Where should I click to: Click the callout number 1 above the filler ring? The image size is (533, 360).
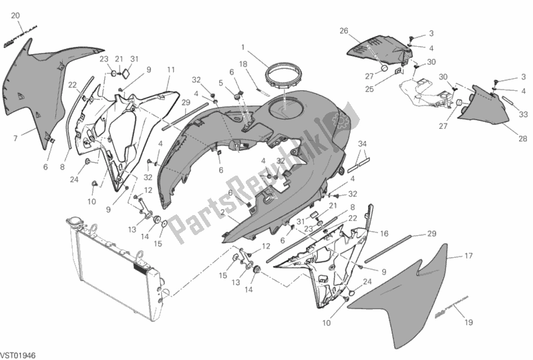[x=243, y=48]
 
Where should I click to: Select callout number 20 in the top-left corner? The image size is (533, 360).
[x=16, y=15]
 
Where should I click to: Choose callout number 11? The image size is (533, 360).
[x=171, y=69]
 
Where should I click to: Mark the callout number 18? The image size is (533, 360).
[x=244, y=63]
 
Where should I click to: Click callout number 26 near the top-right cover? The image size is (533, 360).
[x=344, y=31]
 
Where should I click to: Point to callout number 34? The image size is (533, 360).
[x=362, y=144]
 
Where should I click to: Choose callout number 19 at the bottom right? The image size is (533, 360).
[x=468, y=323]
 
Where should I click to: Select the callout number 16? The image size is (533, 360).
[x=384, y=234]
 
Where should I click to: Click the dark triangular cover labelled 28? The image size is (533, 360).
[x=488, y=107]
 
